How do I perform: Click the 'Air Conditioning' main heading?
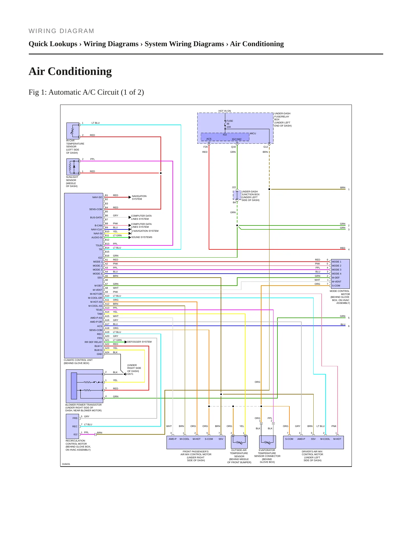70,71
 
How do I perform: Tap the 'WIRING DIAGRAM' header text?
61,31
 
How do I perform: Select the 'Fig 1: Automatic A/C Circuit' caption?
86,92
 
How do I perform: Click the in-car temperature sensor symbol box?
73,131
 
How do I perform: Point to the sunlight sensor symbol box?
73,167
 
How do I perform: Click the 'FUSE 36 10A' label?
230,124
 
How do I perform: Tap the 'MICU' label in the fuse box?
253,133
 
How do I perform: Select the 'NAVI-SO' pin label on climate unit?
97,197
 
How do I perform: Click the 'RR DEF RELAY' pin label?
93,342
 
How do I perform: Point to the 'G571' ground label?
130,374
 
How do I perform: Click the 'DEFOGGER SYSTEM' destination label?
139,342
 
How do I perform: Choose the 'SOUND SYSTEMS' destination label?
142,237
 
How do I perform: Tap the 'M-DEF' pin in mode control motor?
336,278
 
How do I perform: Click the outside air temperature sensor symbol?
239,442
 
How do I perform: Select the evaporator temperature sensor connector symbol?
267,442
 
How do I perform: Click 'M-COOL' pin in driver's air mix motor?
325,439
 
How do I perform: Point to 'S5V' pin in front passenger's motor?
221,439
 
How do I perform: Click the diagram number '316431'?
66,464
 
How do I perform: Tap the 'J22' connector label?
234,187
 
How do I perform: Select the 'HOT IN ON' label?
225,111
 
